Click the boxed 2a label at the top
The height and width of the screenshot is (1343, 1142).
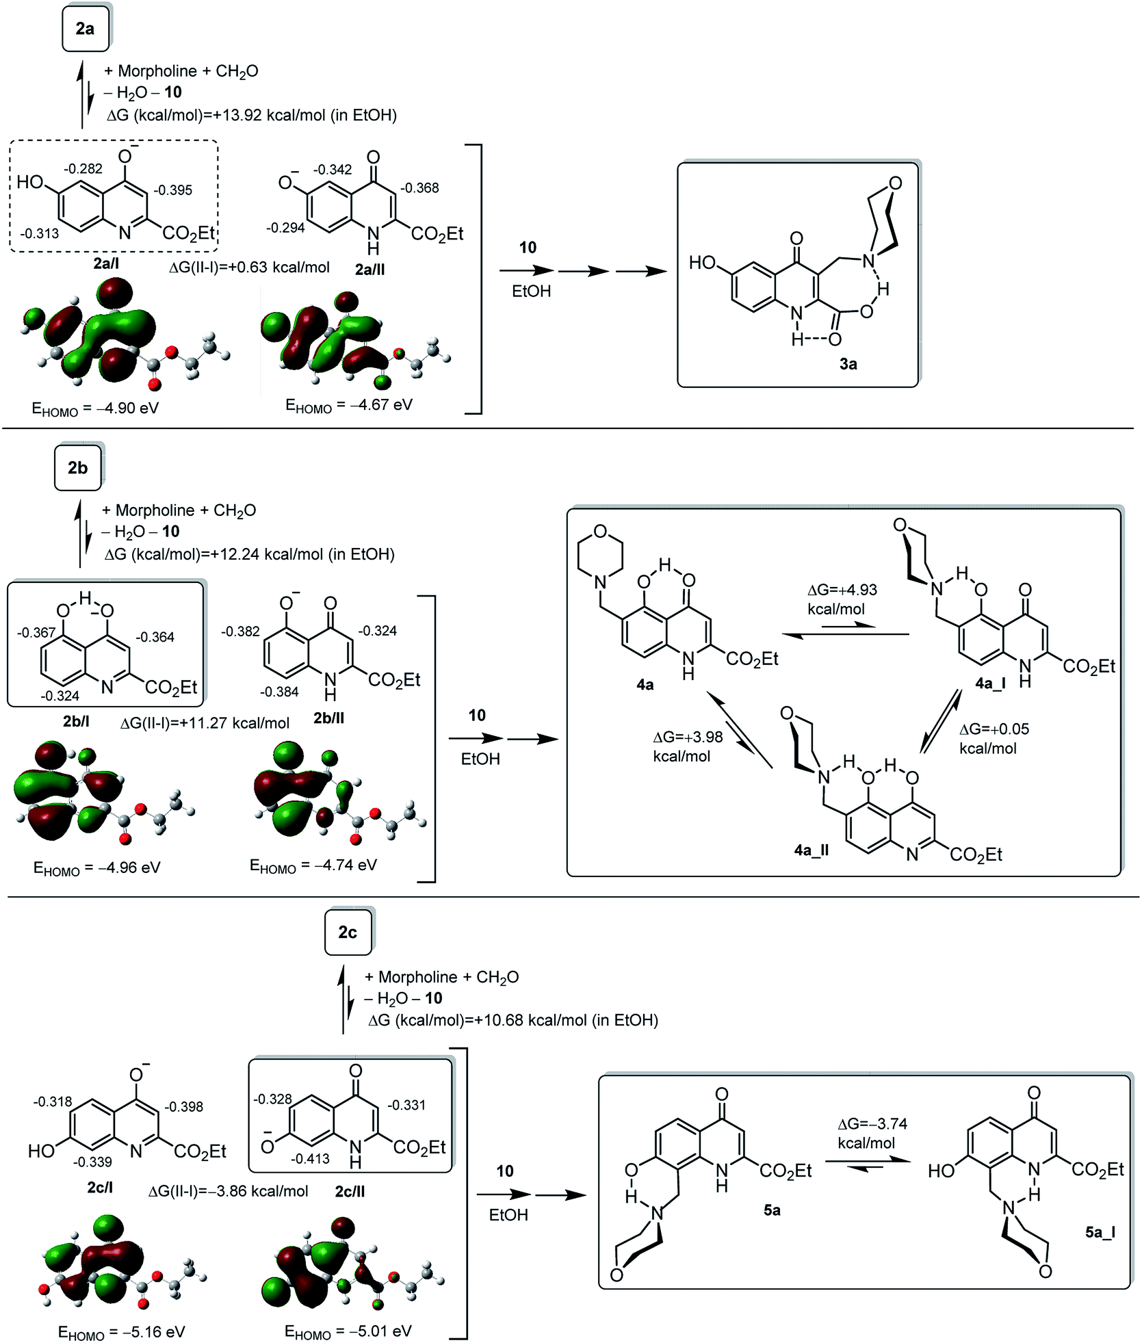[x=85, y=29]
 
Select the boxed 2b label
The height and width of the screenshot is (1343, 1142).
[x=77, y=468]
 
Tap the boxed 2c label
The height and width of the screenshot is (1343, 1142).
[x=348, y=933]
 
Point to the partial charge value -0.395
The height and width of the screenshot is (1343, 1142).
[x=173, y=190]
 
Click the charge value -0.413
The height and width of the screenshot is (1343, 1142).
[x=310, y=1158]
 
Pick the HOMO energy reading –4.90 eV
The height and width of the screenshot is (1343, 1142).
[x=95, y=408]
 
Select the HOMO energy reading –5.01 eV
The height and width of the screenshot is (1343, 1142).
[x=348, y=1331]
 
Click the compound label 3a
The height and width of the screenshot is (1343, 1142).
[x=848, y=364]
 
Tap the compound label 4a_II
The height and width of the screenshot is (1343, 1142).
[x=812, y=850]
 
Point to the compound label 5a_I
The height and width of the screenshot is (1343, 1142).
[x=1100, y=1232]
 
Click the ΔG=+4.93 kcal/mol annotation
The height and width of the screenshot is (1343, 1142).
[x=842, y=599]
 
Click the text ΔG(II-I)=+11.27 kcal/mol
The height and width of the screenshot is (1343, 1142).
[x=205, y=723]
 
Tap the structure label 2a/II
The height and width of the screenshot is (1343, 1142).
[x=369, y=270]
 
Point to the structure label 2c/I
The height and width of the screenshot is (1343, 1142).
[x=100, y=1188]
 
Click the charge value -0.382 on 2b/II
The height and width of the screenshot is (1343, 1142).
[x=240, y=631]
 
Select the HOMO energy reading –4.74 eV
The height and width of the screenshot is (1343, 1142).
[x=313, y=865]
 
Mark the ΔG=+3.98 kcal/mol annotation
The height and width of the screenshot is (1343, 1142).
[x=688, y=746]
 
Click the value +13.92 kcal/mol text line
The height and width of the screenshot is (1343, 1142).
[x=252, y=115]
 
